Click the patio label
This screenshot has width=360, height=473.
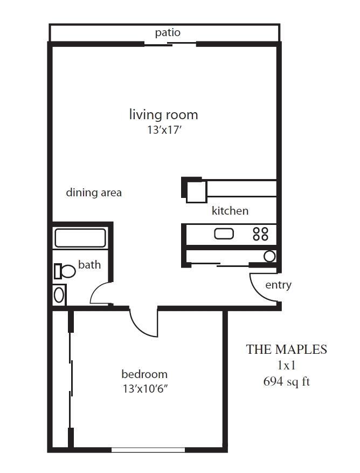pyautogui.click(x=168, y=32)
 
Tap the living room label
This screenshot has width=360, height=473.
pyautogui.click(x=163, y=115)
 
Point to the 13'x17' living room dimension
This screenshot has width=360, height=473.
pyautogui.click(x=165, y=130)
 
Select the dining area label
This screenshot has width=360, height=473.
pyautogui.click(x=94, y=193)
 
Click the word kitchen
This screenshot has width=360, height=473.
pyautogui.click(x=230, y=210)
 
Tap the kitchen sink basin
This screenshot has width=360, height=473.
pyautogui.click(x=224, y=234)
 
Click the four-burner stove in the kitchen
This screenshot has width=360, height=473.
pyautogui.click(x=260, y=234)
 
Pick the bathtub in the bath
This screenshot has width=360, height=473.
pyautogui.click(x=80, y=238)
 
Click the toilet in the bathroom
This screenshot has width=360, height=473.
pyautogui.click(x=65, y=271)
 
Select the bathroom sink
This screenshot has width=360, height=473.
pyautogui.click(x=59, y=295)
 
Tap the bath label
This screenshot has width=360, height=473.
pyautogui.click(x=89, y=265)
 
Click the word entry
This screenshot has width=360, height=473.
pyautogui.click(x=278, y=285)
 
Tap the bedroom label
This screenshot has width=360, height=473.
pyautogui.click(x=144, y=374)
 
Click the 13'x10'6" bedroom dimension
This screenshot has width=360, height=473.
pyautogui.click(x=145, y=389)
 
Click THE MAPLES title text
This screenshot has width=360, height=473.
pyautogui.click(x=286, y=349)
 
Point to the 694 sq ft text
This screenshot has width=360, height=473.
pyautogui.click(x=286, y=382)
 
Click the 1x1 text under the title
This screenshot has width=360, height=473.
pyautogui.click(x=286, y=366)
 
